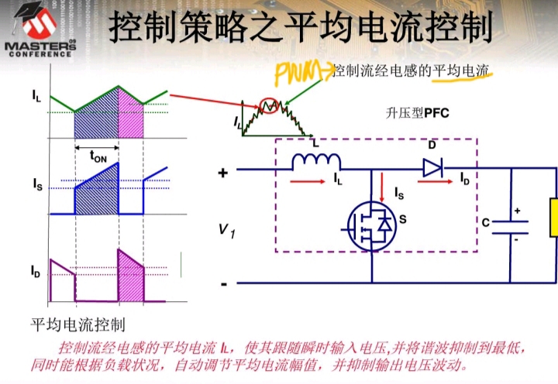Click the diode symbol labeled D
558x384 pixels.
(x=432, y=165)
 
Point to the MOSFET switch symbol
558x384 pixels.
(x=371, y=225)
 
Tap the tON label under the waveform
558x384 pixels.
(x=98, y=158)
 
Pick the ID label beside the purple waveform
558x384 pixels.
(x=36, y=272)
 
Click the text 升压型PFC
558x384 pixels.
(x=417, y=112)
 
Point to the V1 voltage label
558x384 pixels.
(x=226, y=230)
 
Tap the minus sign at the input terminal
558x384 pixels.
(x=223, y=284)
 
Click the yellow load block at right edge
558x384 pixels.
(x=553, y=218)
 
